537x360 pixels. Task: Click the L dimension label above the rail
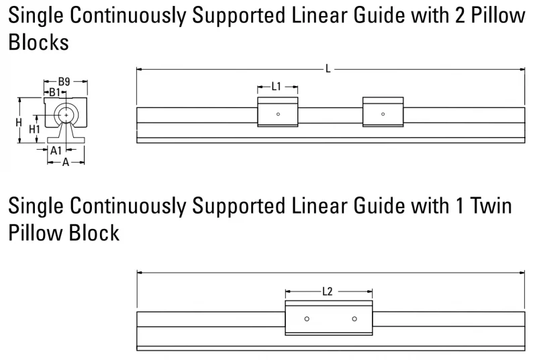[328, 69]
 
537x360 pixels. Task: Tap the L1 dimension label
[276, 87]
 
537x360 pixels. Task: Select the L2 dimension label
[328, 291]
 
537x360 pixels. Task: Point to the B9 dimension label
[64, 81]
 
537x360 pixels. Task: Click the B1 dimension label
[55, 92]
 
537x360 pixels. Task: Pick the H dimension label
[19, 122]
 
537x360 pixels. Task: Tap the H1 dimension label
[35, 129]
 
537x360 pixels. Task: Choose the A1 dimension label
[56, 150]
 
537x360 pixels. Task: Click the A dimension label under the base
[66, 163]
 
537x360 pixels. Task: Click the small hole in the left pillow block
[278, 114]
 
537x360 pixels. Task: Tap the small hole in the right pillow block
[383, 114]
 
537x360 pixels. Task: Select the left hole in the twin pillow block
[307, 319]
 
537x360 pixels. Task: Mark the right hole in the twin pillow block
[354, 319]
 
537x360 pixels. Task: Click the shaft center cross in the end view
[66, 116]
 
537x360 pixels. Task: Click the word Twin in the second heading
[491, 206]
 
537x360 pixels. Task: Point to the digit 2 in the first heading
[460, 15]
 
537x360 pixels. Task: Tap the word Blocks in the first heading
[39, 42]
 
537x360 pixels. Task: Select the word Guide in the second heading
[379, 206]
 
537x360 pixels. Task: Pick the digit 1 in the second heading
[460, 206]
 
